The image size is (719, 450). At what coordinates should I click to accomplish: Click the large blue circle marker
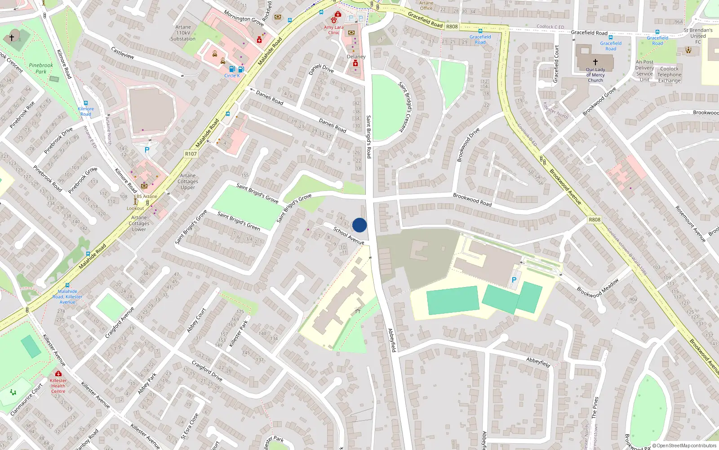pos(359,225)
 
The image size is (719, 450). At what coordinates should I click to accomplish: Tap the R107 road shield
pos(191,154)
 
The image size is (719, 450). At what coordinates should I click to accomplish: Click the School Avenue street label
pos(349,236)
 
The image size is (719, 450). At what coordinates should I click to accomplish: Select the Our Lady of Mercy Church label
pos(595,75)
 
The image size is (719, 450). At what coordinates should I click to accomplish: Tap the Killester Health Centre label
pos(58,386)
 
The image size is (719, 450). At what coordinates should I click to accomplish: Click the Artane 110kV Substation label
pos(183,33)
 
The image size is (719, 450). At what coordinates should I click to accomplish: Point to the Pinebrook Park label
pos(41,68)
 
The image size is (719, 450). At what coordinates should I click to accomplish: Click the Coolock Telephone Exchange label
pos(669,75)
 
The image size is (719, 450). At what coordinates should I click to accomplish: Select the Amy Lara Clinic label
pos(333,30)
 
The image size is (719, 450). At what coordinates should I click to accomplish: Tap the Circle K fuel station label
pos(232,76)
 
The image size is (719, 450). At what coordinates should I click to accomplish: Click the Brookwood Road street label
pos(472,199)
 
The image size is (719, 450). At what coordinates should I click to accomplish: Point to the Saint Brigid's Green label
pos(239,221)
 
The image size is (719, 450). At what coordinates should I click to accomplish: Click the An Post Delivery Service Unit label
pos(644,71)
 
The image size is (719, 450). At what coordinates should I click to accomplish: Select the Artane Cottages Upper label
pos(188,182)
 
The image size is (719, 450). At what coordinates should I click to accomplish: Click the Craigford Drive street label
pos(207,370)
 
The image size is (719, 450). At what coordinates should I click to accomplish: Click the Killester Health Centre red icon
pos(58,374)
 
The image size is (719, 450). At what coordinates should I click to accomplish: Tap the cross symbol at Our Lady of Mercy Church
pos(595,62)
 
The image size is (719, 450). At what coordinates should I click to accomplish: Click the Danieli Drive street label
pos(321,69)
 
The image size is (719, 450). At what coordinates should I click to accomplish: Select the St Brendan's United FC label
pos(698,36)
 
